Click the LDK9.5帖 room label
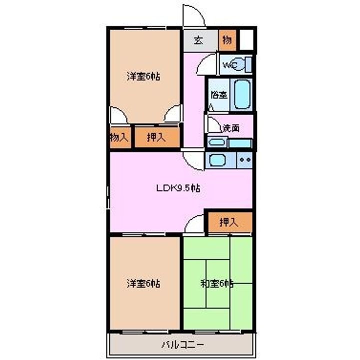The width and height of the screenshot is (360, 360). pos(178,188)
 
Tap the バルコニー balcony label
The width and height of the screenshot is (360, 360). pos(182,344)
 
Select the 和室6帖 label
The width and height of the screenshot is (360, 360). pos(217,283)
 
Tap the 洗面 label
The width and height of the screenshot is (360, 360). pos(231,127)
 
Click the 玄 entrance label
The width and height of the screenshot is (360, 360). pos(198,41)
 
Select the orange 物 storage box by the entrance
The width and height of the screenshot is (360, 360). pos(227,41)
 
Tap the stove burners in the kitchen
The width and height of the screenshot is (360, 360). pos(244,160)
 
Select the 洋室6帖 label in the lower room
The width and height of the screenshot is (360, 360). pos(143,283)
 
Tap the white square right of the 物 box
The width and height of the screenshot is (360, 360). pos(246,40)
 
